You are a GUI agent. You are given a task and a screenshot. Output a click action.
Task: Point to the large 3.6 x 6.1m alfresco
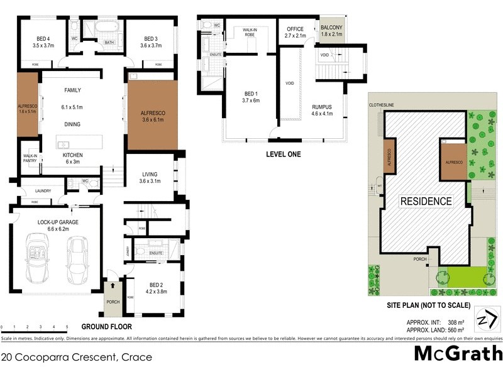coord(153,115)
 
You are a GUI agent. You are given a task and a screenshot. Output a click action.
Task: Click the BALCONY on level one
coord(331,31)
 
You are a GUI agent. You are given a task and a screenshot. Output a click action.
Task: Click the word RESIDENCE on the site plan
coord(426,201)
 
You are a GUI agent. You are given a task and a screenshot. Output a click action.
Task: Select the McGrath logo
coord(457,353)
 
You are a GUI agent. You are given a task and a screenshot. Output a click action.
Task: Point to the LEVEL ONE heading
coord(283,154)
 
